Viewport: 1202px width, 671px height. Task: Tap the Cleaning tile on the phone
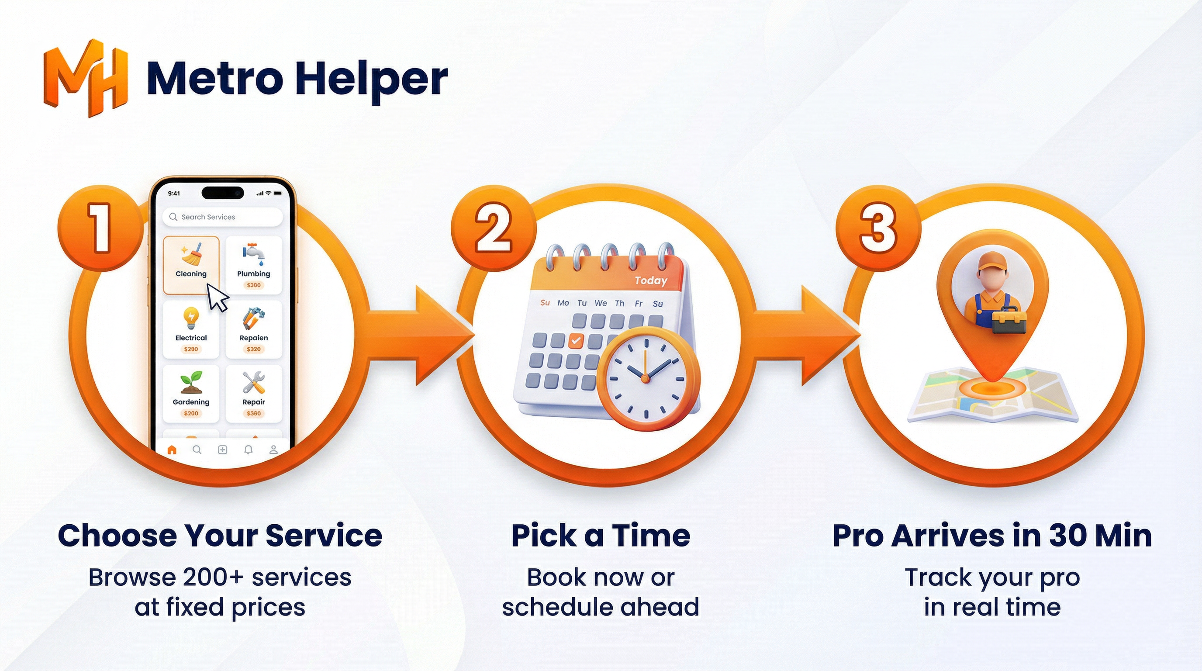pyautogui.click(x=191, y=265)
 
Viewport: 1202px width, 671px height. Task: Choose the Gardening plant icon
pyautogui.click(x=191, y=382)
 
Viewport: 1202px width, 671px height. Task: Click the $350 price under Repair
pyautogui.click(x=253, y=413)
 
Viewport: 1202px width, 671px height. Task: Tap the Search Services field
pyautogui.click(x=223, y=217)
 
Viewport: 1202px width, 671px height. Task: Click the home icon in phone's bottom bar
pyautogui.click(x=172, y=450)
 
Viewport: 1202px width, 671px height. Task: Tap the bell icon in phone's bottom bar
pyautogui.click(x=248, y=450)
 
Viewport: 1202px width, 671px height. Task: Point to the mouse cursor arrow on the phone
pyautogui.click(x=217, y=297)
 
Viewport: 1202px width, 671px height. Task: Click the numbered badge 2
pyautogui.click(x=493, y=228)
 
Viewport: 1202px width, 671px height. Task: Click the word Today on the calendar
pyautogui.click(x=650, y=280)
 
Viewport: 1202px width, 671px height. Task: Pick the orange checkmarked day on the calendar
pyautogui.click(x=576, y=340)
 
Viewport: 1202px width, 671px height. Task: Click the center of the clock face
pyautogui.click(x=645, y=378)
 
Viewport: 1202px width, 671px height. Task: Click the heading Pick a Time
pyautogui.click(x=601, y=536)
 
